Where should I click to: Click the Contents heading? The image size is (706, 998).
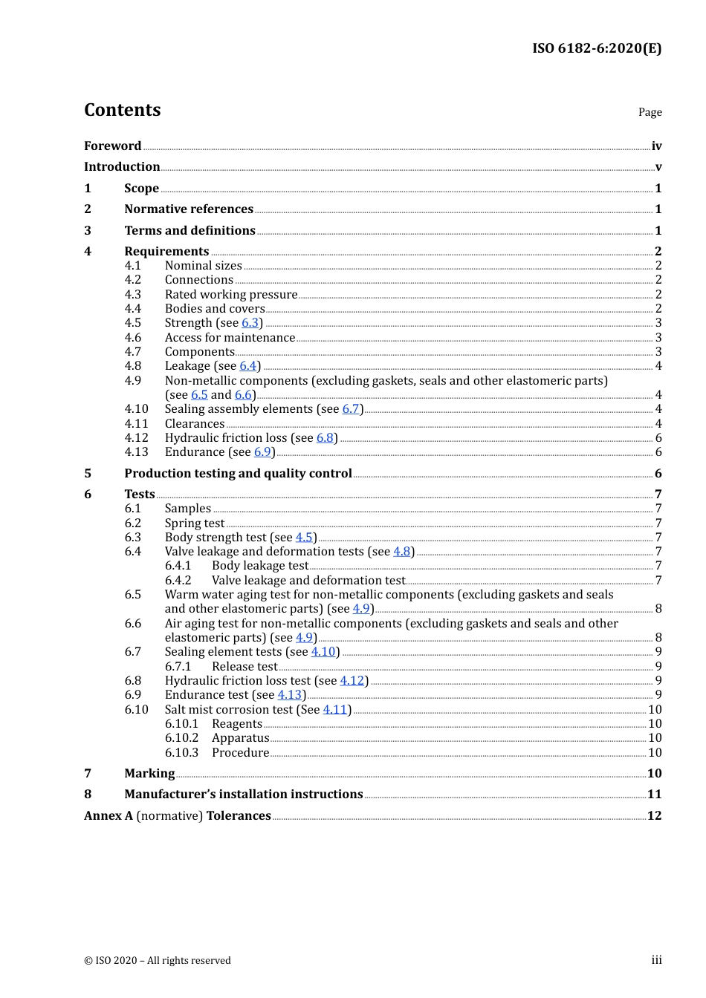(x=122, y=110)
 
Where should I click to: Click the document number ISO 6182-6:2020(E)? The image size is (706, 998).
(x=596, y=48)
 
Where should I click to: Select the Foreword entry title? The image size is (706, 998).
(x=112, y=146)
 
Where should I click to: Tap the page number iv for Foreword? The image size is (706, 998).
(x=656, y=146)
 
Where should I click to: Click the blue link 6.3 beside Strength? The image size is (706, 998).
(x=250, y=323)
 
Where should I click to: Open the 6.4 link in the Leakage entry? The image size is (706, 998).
(x=247, y=366)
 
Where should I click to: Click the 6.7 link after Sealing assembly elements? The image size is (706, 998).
(x=351, y=409)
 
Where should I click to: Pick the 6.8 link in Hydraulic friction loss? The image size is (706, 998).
(x=325, y=438)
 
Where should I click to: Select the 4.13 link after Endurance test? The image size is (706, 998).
(x=289, y=695)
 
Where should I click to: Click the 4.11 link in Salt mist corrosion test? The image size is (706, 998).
(x=334, y=710)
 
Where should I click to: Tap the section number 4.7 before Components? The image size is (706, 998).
(x=133, y=352)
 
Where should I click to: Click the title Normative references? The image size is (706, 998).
(x=189, y=209)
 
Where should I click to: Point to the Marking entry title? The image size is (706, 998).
(x=149, y=774)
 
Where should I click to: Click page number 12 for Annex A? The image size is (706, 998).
(x=654, y=815)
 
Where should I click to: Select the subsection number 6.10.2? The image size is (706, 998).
(x=181, y=738)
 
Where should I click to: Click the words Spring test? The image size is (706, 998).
(x=194, y=524)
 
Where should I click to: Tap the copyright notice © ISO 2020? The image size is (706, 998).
(x=157, y=960)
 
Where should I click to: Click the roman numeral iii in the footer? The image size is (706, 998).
(x=656, y=960)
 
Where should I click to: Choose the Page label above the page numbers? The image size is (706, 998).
(x=650, y=112)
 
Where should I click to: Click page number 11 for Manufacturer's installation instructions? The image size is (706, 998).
(x=654, y=795)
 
